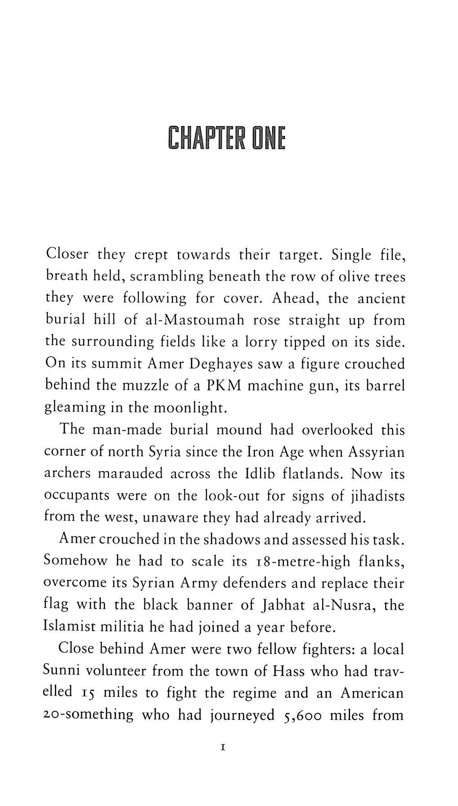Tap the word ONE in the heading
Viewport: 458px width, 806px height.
[x=268, y=138]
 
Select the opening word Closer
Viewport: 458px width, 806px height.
[x=67, y=254]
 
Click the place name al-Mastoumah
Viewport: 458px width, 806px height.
[x=195, y=320]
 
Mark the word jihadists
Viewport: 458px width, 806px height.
[x=376, y=496]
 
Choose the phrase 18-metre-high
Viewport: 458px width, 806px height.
[x=293, y=561]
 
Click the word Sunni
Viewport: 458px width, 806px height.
[x=62, y=671]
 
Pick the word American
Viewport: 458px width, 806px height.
[x=372, y=693]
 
